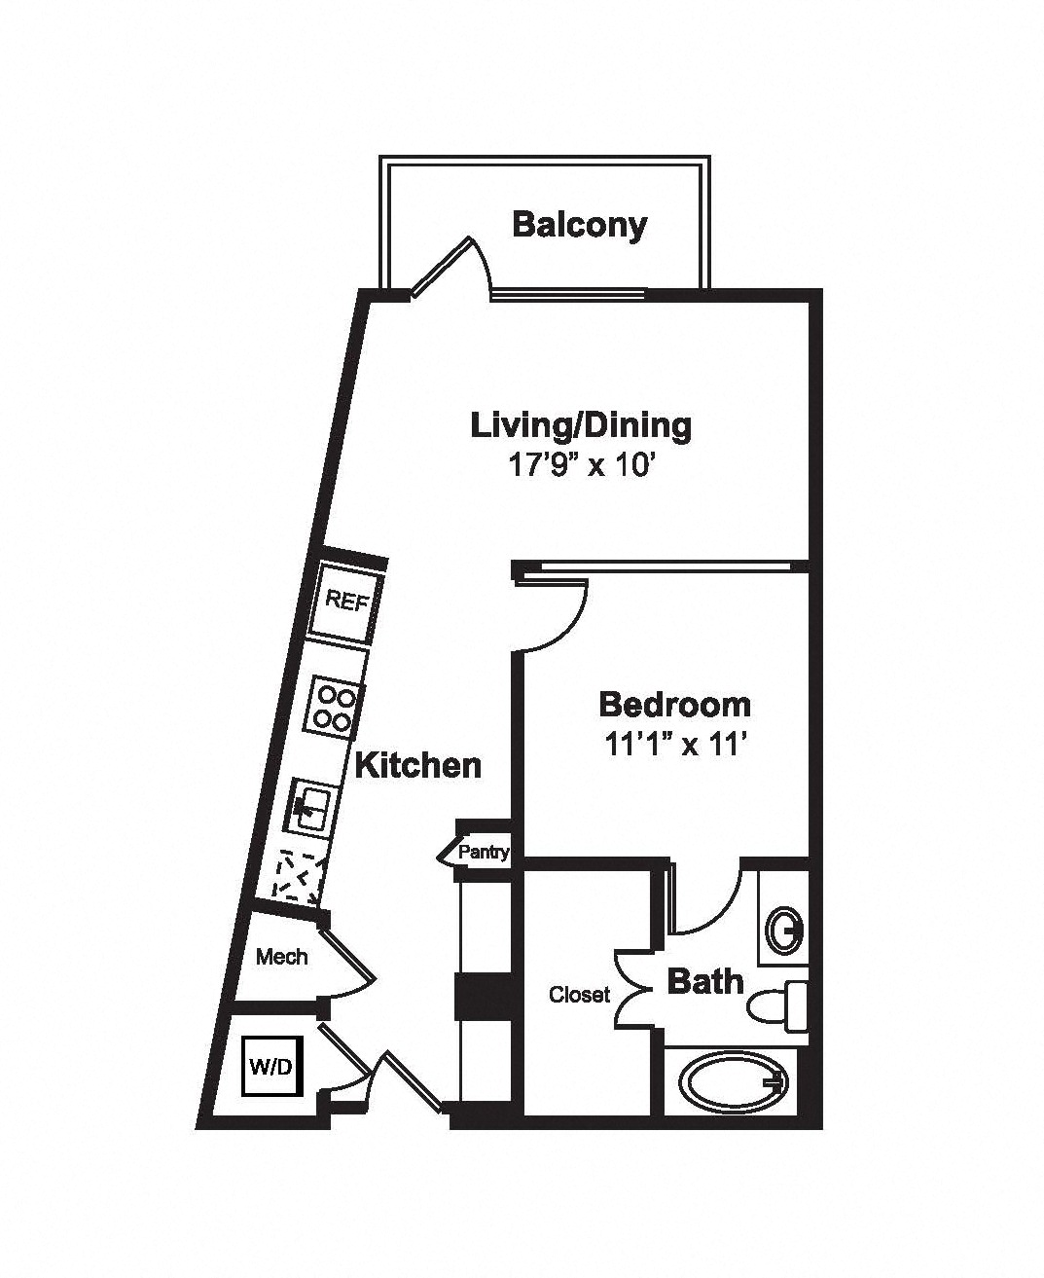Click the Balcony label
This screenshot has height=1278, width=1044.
tap(580, 227)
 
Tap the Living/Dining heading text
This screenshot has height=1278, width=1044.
tap(581, 427)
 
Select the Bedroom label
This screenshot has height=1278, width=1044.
tap(675, 705)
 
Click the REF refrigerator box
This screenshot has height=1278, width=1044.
tap(344, 602)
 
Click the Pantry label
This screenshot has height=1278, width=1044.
tap(483, 853)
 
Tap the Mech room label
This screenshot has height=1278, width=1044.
tap(282, 957)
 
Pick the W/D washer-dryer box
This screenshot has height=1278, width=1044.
tap(272, 1066)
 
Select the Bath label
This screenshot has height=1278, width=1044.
tap(705, 981)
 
